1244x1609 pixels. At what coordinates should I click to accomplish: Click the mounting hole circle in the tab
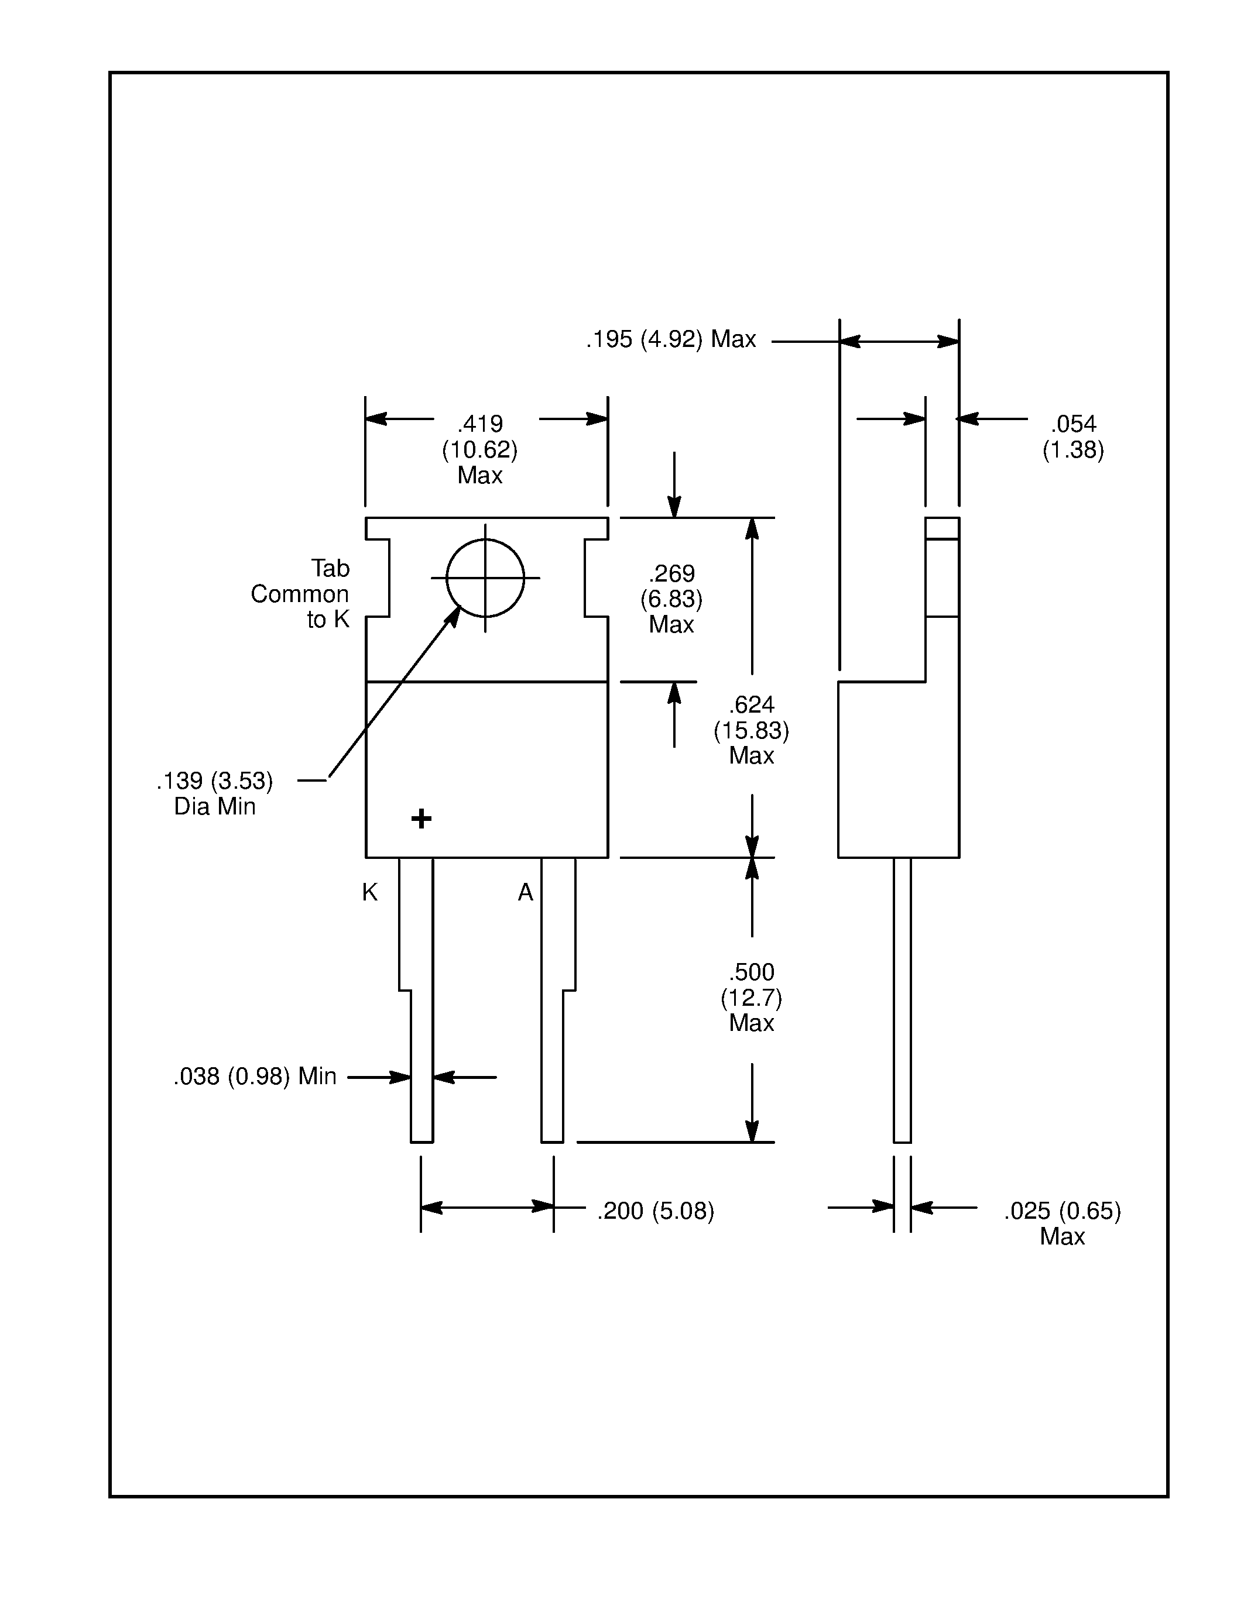pos(485,577)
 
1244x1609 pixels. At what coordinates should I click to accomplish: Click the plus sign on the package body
pos(421,819)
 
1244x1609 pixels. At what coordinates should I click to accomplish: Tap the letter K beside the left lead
pos(369,892)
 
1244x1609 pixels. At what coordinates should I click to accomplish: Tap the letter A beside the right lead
pos(525,892)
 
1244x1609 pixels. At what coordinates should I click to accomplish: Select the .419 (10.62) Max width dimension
pos(480,449)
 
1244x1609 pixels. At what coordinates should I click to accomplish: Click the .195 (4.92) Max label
pos(671,339)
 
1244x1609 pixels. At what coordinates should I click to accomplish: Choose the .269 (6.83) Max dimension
pos(671,598)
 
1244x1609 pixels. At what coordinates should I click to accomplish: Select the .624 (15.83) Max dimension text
pos(751,730)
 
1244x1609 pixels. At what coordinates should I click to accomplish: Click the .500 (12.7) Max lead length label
pos(751,997)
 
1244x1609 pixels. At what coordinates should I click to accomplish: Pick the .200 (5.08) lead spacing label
pos(655,1211)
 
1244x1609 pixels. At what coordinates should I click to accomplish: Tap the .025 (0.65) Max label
pos(1061,1222)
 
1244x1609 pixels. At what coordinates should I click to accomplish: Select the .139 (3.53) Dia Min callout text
pos(214,793)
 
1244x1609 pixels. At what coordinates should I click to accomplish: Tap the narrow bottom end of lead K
pos(421,1105)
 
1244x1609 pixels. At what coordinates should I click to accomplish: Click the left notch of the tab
pos(378,577)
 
